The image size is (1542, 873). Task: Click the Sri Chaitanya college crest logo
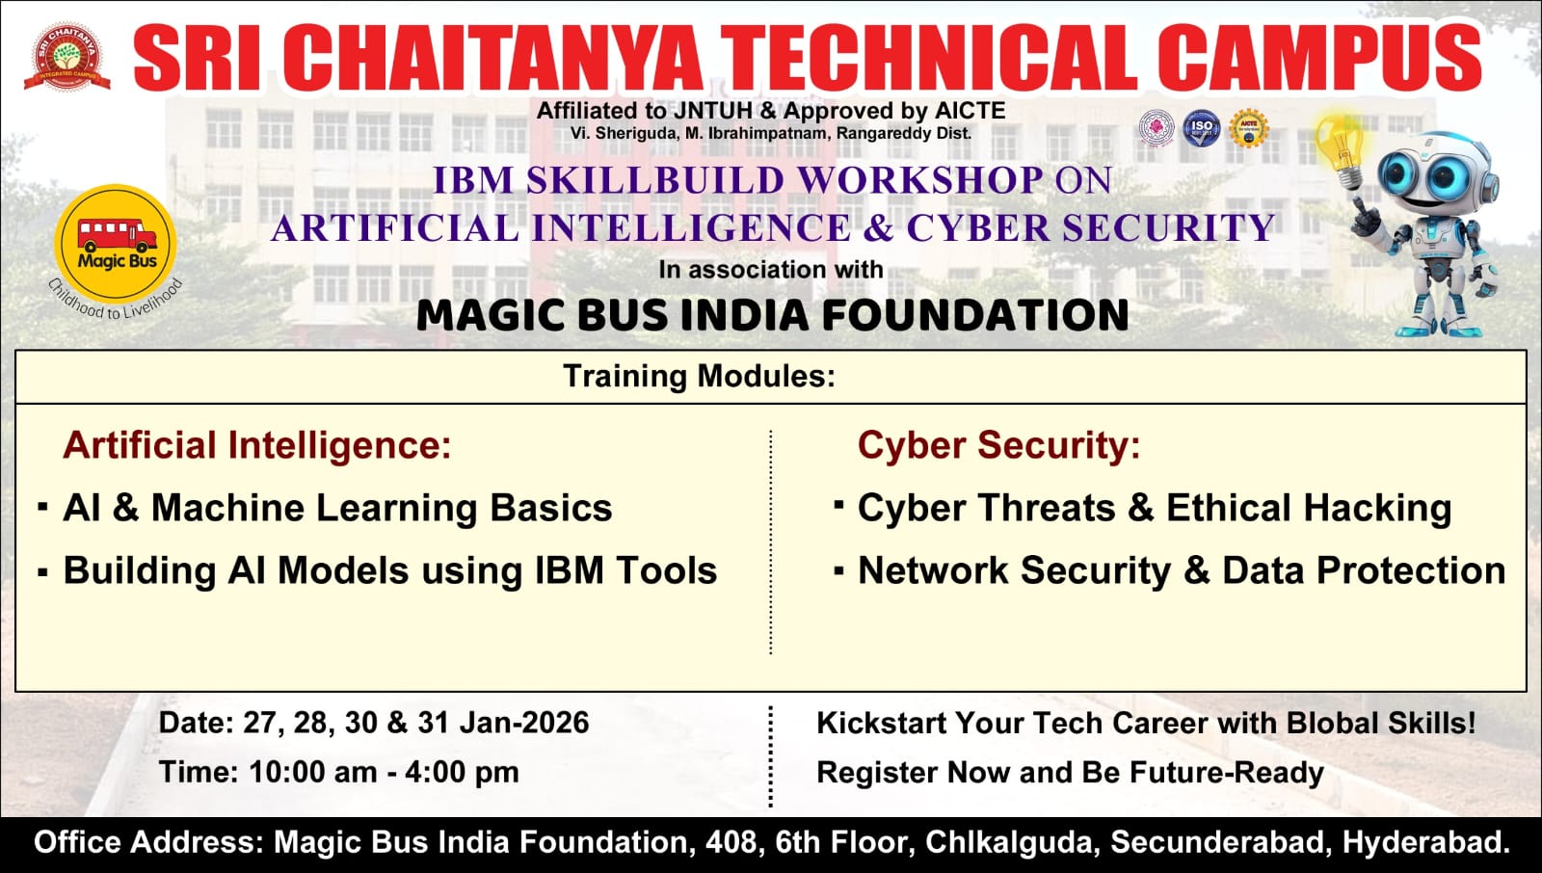pos(66,57)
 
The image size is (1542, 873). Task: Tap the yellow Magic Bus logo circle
pos(116,244)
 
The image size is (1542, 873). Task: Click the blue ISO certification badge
pos(1201,127)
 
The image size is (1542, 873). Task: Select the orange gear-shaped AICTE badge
pos(1249,128)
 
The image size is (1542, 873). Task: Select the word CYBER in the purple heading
pos(978,228)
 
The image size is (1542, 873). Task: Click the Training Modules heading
pos(699,376)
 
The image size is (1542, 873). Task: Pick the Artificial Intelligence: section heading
pos(256,445)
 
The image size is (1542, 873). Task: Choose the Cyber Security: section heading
pos(998,445)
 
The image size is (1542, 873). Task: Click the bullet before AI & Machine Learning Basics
pos(43,507)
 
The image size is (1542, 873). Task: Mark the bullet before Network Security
pos(838,570)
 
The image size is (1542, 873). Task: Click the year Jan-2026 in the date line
pos(524,723)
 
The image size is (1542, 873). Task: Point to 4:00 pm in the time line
pos(462,772)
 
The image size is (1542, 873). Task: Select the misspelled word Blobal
pos(1331,723)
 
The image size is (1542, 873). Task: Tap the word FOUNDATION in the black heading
pos(974,315)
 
